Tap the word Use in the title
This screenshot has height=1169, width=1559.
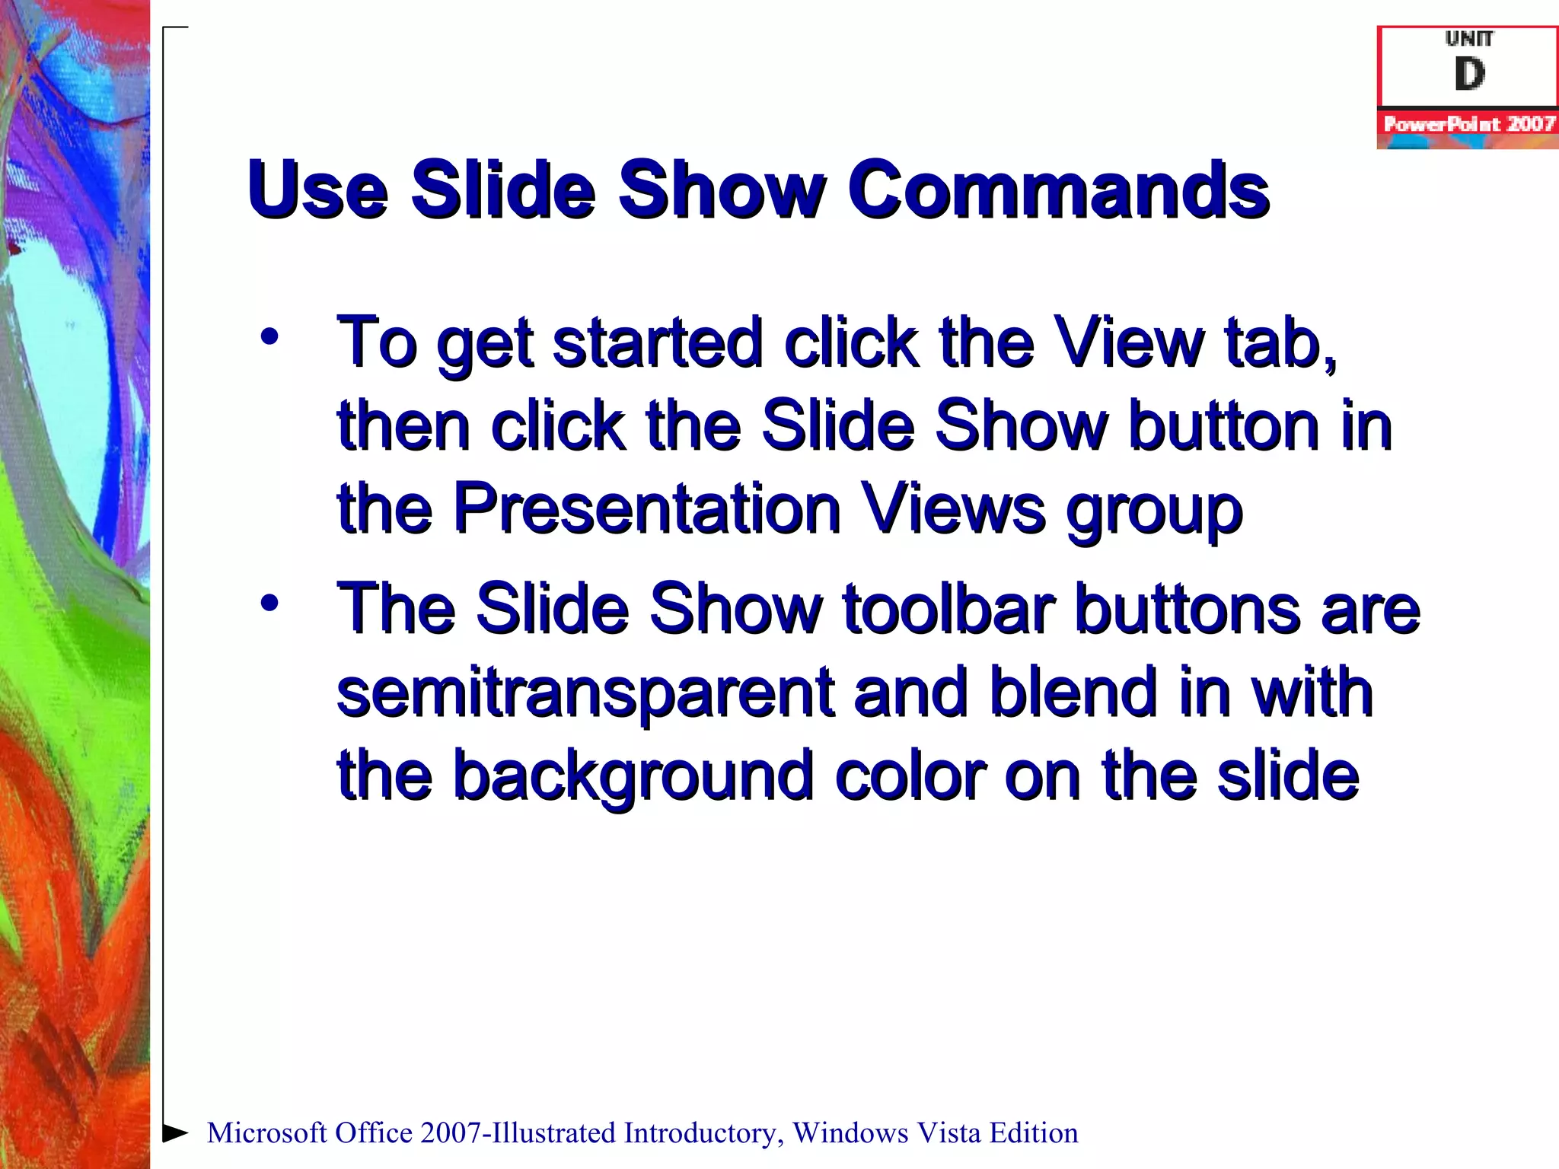pyautogui.click(x=318, y=190)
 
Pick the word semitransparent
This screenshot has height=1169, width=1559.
pyautogui.click(x=585, y=693)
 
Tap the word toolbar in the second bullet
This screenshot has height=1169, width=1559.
pyautogui.click(x=948, y=609)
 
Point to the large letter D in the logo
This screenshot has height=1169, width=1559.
pyautogui.click(x=1469, y=75)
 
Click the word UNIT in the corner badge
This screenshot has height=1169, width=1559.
pyautogui.click(x=1469, y=38)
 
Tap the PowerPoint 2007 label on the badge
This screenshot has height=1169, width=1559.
pyautogui.click(x=1468, y=124)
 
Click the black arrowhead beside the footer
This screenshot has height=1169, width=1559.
pyautogui.click(x=175, y=1132)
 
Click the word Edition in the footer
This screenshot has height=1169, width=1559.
pyautogui.click(x=1033, y=1133)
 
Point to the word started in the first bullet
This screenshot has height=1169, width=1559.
pyautogui.click(x=657, y=342)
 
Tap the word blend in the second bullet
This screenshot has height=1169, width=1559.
pyautogui.click(x=1073, y=693)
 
